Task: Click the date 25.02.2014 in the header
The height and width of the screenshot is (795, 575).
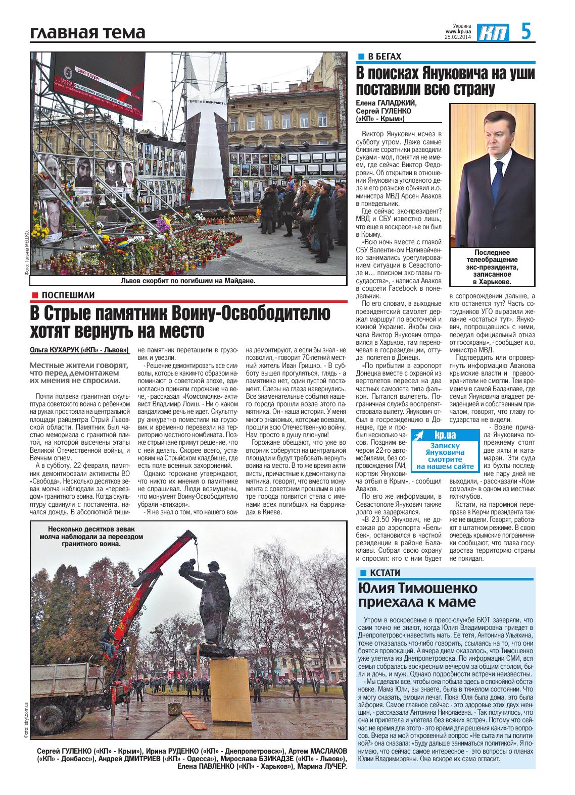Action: click(x=457, y=37)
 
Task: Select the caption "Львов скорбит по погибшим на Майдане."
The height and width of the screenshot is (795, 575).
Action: click(x=188, y=281)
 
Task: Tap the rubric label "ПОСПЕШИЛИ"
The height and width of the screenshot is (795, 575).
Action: click(x=68, y=295)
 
